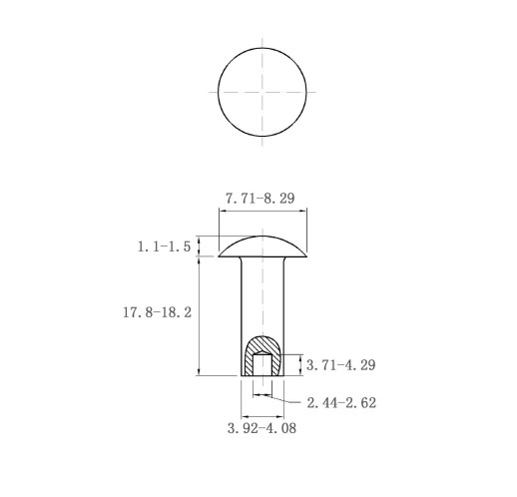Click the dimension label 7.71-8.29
pos(260,199)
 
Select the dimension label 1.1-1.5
pos(164,247)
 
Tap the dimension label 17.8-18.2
pos(158,312)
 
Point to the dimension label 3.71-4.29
pos(340,365)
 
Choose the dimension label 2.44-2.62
pos(341,403)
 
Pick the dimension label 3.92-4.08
pos(261,428)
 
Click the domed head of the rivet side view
pos(262,248)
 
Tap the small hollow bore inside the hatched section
pos(262,364)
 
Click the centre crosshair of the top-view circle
pos(262,92)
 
